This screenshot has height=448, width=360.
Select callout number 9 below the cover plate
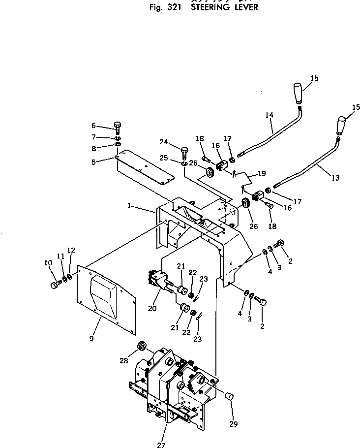[92, 339]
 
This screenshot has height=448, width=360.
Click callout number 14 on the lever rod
[269, 115]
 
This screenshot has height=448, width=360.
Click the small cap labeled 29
[229, 396]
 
